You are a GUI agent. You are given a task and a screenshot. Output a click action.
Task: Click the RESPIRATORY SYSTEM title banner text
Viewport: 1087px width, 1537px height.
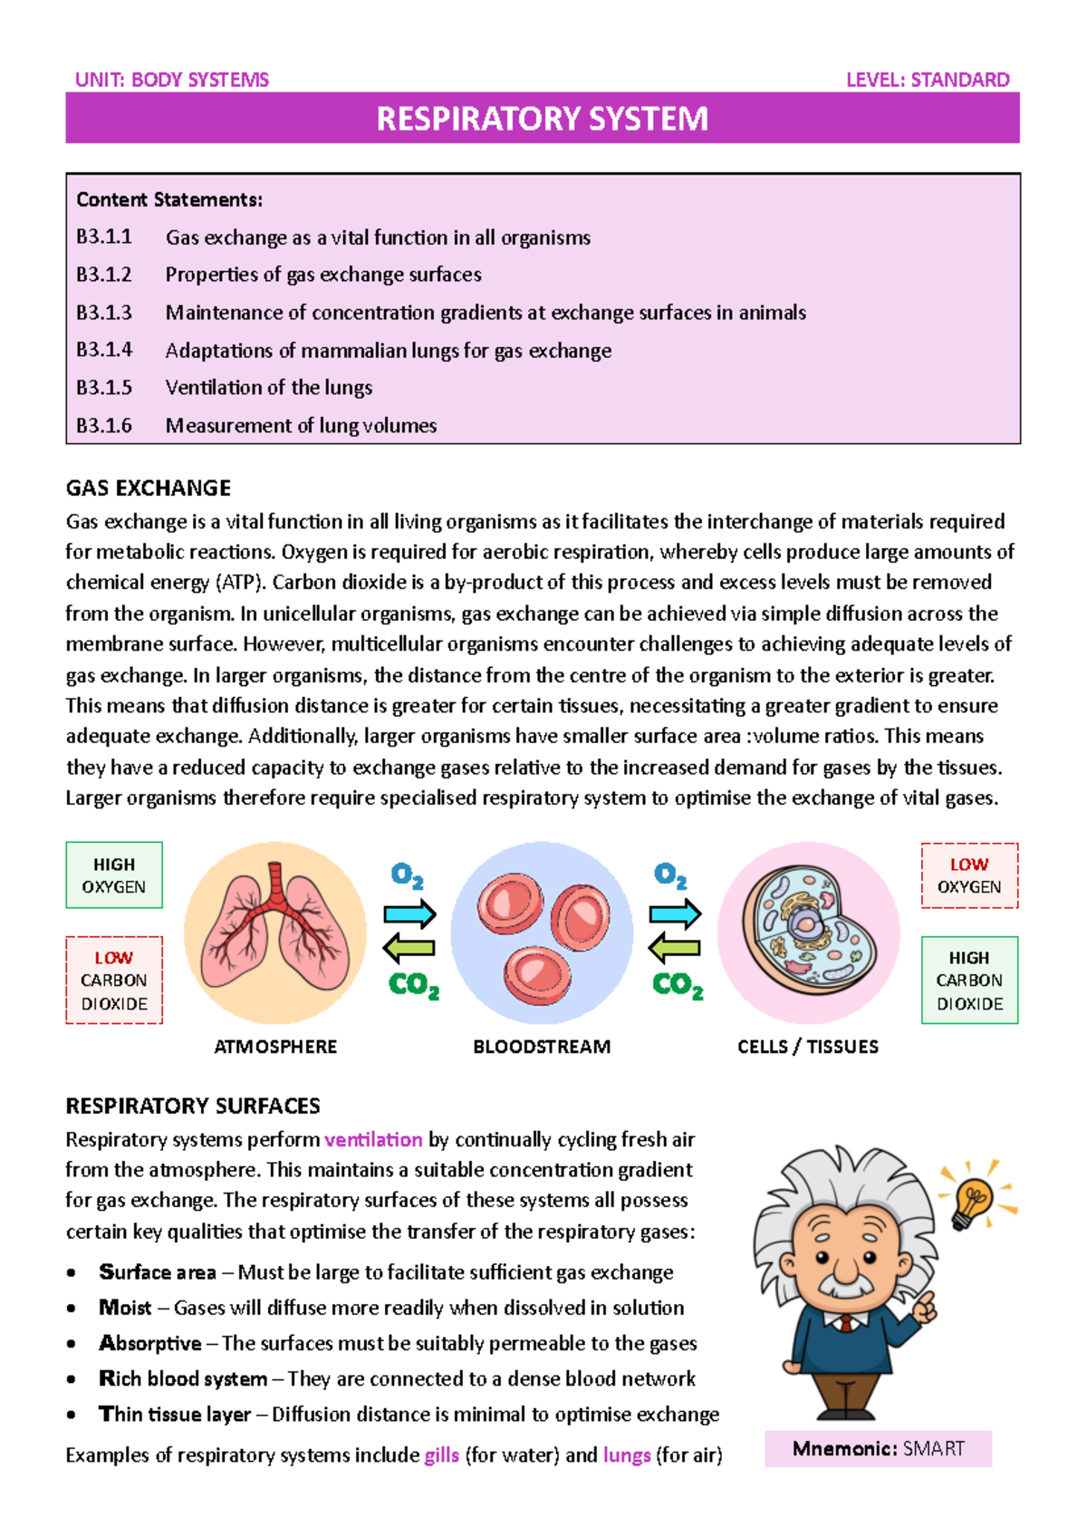point(542,119)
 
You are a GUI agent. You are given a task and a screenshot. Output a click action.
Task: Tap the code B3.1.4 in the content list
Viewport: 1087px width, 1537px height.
point(104,350)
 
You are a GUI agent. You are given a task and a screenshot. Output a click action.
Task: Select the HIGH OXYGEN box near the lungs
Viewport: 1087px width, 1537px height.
point(114,875)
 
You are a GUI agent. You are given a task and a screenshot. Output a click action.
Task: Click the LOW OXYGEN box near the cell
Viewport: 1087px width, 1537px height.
point(969,875)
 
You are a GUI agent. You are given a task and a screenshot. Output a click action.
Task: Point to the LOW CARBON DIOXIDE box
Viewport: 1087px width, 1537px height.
point(114,981)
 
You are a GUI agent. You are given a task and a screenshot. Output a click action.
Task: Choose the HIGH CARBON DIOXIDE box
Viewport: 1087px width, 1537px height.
point(969,981)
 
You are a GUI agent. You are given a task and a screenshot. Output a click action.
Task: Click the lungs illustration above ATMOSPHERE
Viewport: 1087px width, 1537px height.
point(274,929)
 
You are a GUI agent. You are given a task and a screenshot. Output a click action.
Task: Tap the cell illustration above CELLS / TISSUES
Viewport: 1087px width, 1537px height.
point(806,929)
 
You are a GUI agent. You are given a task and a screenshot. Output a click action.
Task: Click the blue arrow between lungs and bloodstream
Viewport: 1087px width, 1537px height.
point(410,913)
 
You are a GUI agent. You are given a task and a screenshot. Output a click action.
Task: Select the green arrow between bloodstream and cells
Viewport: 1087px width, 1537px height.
point(675,949)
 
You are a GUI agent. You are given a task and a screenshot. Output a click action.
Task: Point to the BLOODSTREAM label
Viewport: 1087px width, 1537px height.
point(542,1047)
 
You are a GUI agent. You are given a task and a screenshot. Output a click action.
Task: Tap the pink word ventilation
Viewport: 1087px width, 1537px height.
point(373,1139)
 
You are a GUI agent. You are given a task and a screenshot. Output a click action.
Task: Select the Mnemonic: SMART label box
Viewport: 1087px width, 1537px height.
point(878,1448)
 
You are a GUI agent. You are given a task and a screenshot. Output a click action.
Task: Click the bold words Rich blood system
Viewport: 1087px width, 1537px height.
point(183,1378)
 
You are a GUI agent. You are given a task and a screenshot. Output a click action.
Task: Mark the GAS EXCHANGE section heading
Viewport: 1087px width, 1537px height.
point(149,488)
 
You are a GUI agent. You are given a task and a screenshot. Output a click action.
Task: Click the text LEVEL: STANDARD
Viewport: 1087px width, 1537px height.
point(928,80)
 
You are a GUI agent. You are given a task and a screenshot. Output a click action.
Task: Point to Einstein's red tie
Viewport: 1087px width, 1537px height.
point(846,1325)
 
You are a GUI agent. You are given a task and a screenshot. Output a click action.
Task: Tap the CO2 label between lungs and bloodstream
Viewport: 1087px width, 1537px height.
point(413,985)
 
